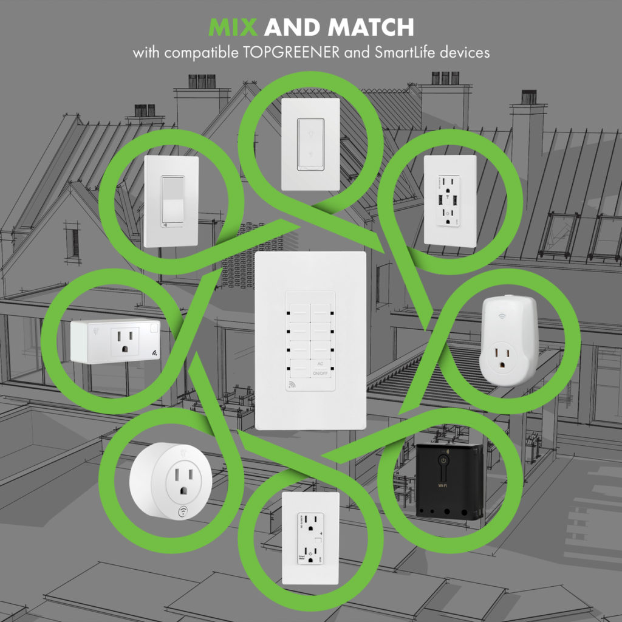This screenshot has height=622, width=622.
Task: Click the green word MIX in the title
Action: tap(233, 27)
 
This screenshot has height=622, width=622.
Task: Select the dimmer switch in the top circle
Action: tap(310, 144)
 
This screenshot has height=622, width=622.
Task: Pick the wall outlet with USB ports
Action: tap(449, 200)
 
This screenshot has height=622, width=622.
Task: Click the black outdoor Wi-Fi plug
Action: tap(449, 480)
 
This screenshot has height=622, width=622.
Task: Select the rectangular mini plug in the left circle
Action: tap(115, 341)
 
